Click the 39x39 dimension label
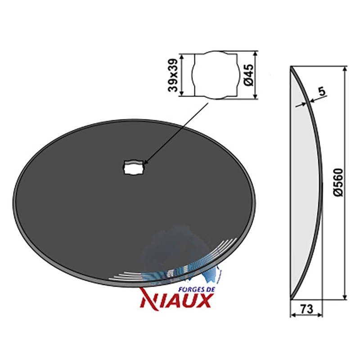[173, 75]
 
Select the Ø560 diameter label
[338, 183]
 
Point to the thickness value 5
[322, 91]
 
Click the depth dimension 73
[306, 309]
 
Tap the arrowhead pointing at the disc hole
[146, 162]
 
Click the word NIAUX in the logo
[175, 300]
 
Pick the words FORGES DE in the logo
[197, 289]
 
